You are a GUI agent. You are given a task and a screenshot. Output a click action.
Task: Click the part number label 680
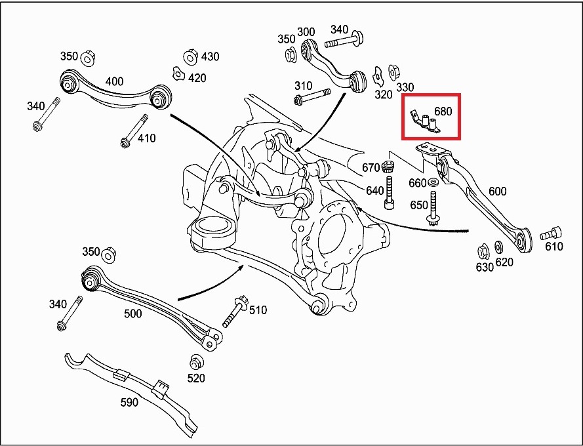click(443, 111)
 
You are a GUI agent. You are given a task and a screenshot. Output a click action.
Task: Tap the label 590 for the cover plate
click(129, 402)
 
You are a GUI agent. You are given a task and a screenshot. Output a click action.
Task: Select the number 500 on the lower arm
click(132, 314)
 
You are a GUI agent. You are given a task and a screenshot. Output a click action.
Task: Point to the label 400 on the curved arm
click(114, 81)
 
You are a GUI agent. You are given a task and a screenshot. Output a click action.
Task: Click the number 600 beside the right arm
click(498, 192)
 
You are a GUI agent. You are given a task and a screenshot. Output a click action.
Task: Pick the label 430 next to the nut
click(210, 56)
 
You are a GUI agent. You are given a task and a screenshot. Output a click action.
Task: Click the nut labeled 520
click(195, 362)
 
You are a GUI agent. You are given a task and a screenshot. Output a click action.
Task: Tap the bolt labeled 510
click(235, 312)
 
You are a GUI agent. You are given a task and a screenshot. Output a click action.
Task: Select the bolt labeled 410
click(134, 131)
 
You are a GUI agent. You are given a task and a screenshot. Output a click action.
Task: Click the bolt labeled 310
click(312, 96)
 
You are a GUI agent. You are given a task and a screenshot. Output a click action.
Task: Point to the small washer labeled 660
click(432, 182)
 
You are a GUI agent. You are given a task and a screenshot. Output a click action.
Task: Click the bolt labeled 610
click(551, 233)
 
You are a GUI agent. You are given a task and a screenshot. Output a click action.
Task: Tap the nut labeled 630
click(483, 253)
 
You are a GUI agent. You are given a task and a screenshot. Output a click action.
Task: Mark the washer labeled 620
click(498, 247)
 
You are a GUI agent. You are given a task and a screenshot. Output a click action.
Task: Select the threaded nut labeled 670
click(388, 167)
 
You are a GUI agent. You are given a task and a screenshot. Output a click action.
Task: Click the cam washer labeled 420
click(178, 73)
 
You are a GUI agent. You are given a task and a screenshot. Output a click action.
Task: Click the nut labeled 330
click(393, 73)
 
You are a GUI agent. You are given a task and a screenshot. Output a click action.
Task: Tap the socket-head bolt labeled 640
click(389, 193)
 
